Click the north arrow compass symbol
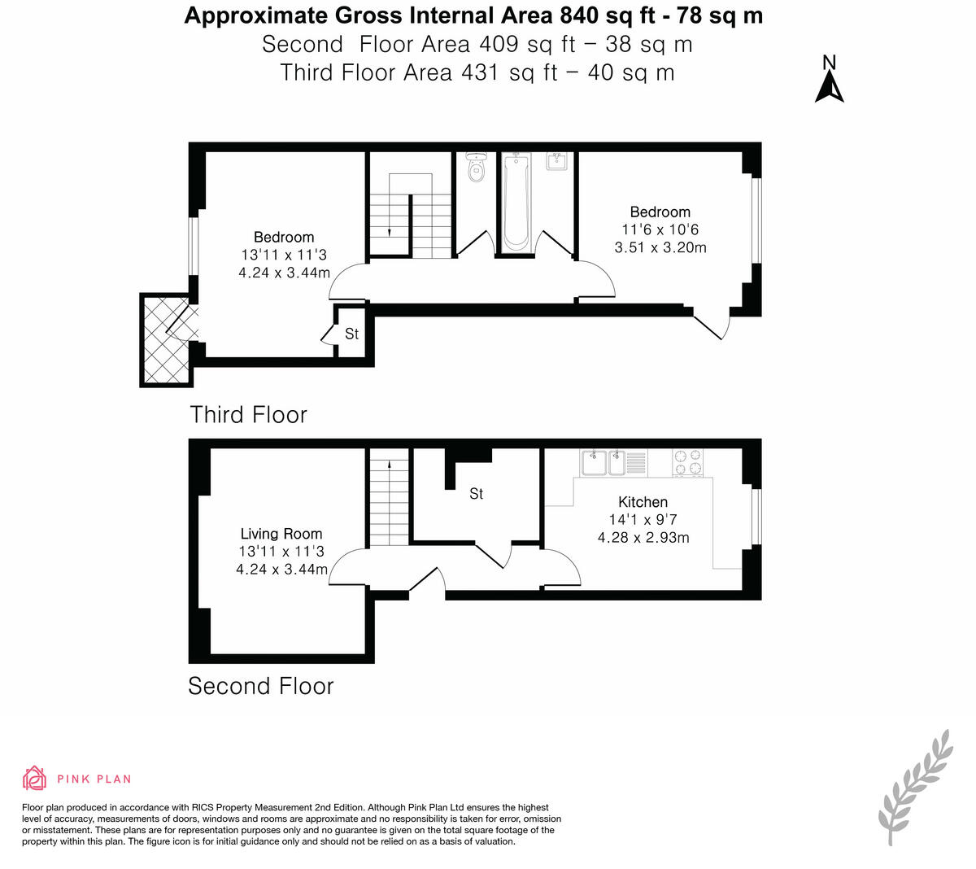(x=829, y=81)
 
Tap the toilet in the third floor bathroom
(x=477, y=168)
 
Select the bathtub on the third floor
(x=516, y=203)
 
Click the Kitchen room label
(x=643, y=502)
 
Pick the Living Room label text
(x=281, y=534)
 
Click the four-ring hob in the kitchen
(x=687, y=463)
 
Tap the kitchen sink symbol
(x=603, y=463)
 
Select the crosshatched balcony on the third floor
(x=166, y=339)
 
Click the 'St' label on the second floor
(x=477, y=494)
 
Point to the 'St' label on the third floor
(x=351, y=334)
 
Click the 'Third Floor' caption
(x=248, y=414)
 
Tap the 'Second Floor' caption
(x=260, y=686)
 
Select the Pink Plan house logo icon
(x=35, y=778)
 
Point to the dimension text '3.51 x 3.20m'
(x=660, y=247)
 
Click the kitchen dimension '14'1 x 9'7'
(x=643, y=520)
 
